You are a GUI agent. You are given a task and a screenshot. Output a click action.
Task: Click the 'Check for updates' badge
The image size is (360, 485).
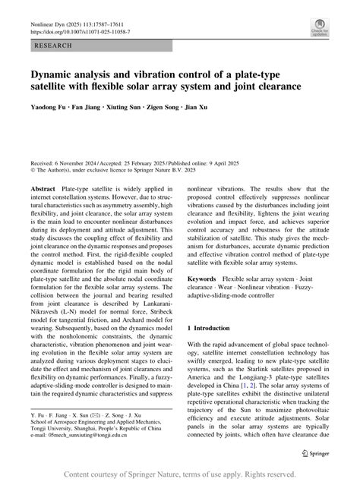click(319, 28)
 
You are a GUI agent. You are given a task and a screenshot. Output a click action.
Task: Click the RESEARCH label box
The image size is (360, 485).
click(53, 46)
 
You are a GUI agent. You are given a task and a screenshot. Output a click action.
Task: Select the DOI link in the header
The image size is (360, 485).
click(80, 33)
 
